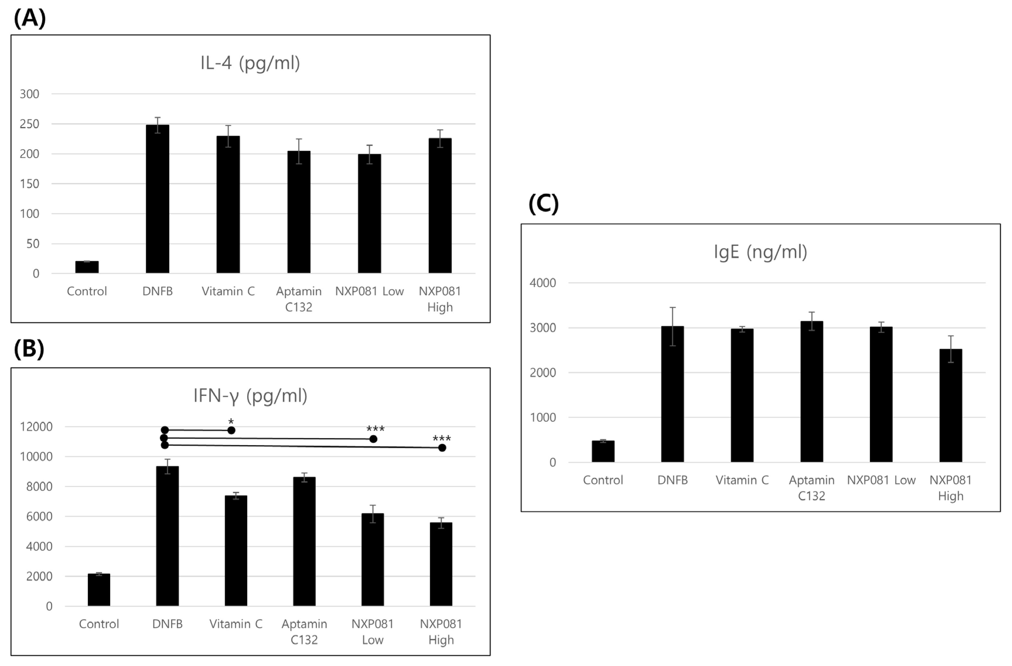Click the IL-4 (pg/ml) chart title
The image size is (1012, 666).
[250, 63]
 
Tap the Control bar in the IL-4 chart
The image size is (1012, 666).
[87, 267]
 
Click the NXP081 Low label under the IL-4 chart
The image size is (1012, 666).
[369, 291]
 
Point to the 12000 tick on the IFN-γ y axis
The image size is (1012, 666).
[36, 427]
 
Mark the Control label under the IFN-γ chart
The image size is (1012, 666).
[99, 624]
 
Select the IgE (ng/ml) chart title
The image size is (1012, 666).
[760, 252]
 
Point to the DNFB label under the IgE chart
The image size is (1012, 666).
[672, 480]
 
